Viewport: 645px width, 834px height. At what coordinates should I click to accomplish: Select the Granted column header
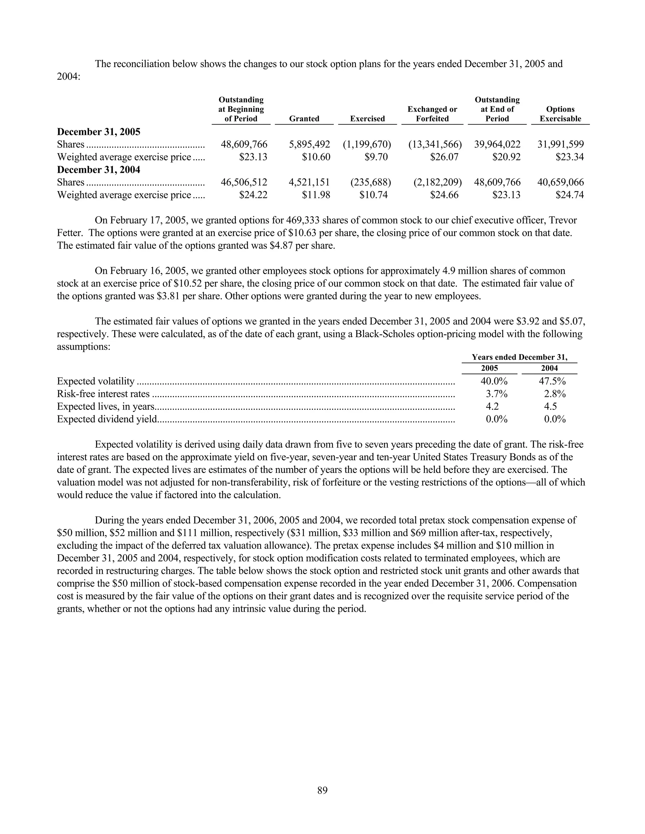(304, 119)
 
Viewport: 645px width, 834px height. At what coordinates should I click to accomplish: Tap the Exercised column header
(367, 119)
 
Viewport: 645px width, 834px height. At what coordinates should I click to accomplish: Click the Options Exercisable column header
(560, 114)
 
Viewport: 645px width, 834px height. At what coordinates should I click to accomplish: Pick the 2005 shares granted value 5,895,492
(309, 144)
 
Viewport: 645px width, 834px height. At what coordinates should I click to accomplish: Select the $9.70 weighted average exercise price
(376, 157)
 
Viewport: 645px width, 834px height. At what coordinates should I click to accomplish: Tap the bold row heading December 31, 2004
(99, 170)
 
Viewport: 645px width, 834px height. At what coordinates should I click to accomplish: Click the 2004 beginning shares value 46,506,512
(244, 182)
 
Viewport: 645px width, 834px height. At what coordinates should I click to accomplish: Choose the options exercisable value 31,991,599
(561, 144)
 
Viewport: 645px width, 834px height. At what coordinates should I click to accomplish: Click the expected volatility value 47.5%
(552, 381)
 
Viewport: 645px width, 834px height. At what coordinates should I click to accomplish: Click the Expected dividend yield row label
(107, 419)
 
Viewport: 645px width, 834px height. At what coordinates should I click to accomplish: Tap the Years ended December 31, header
(519, 358)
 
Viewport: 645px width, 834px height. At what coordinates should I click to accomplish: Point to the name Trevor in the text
(563, 220)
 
